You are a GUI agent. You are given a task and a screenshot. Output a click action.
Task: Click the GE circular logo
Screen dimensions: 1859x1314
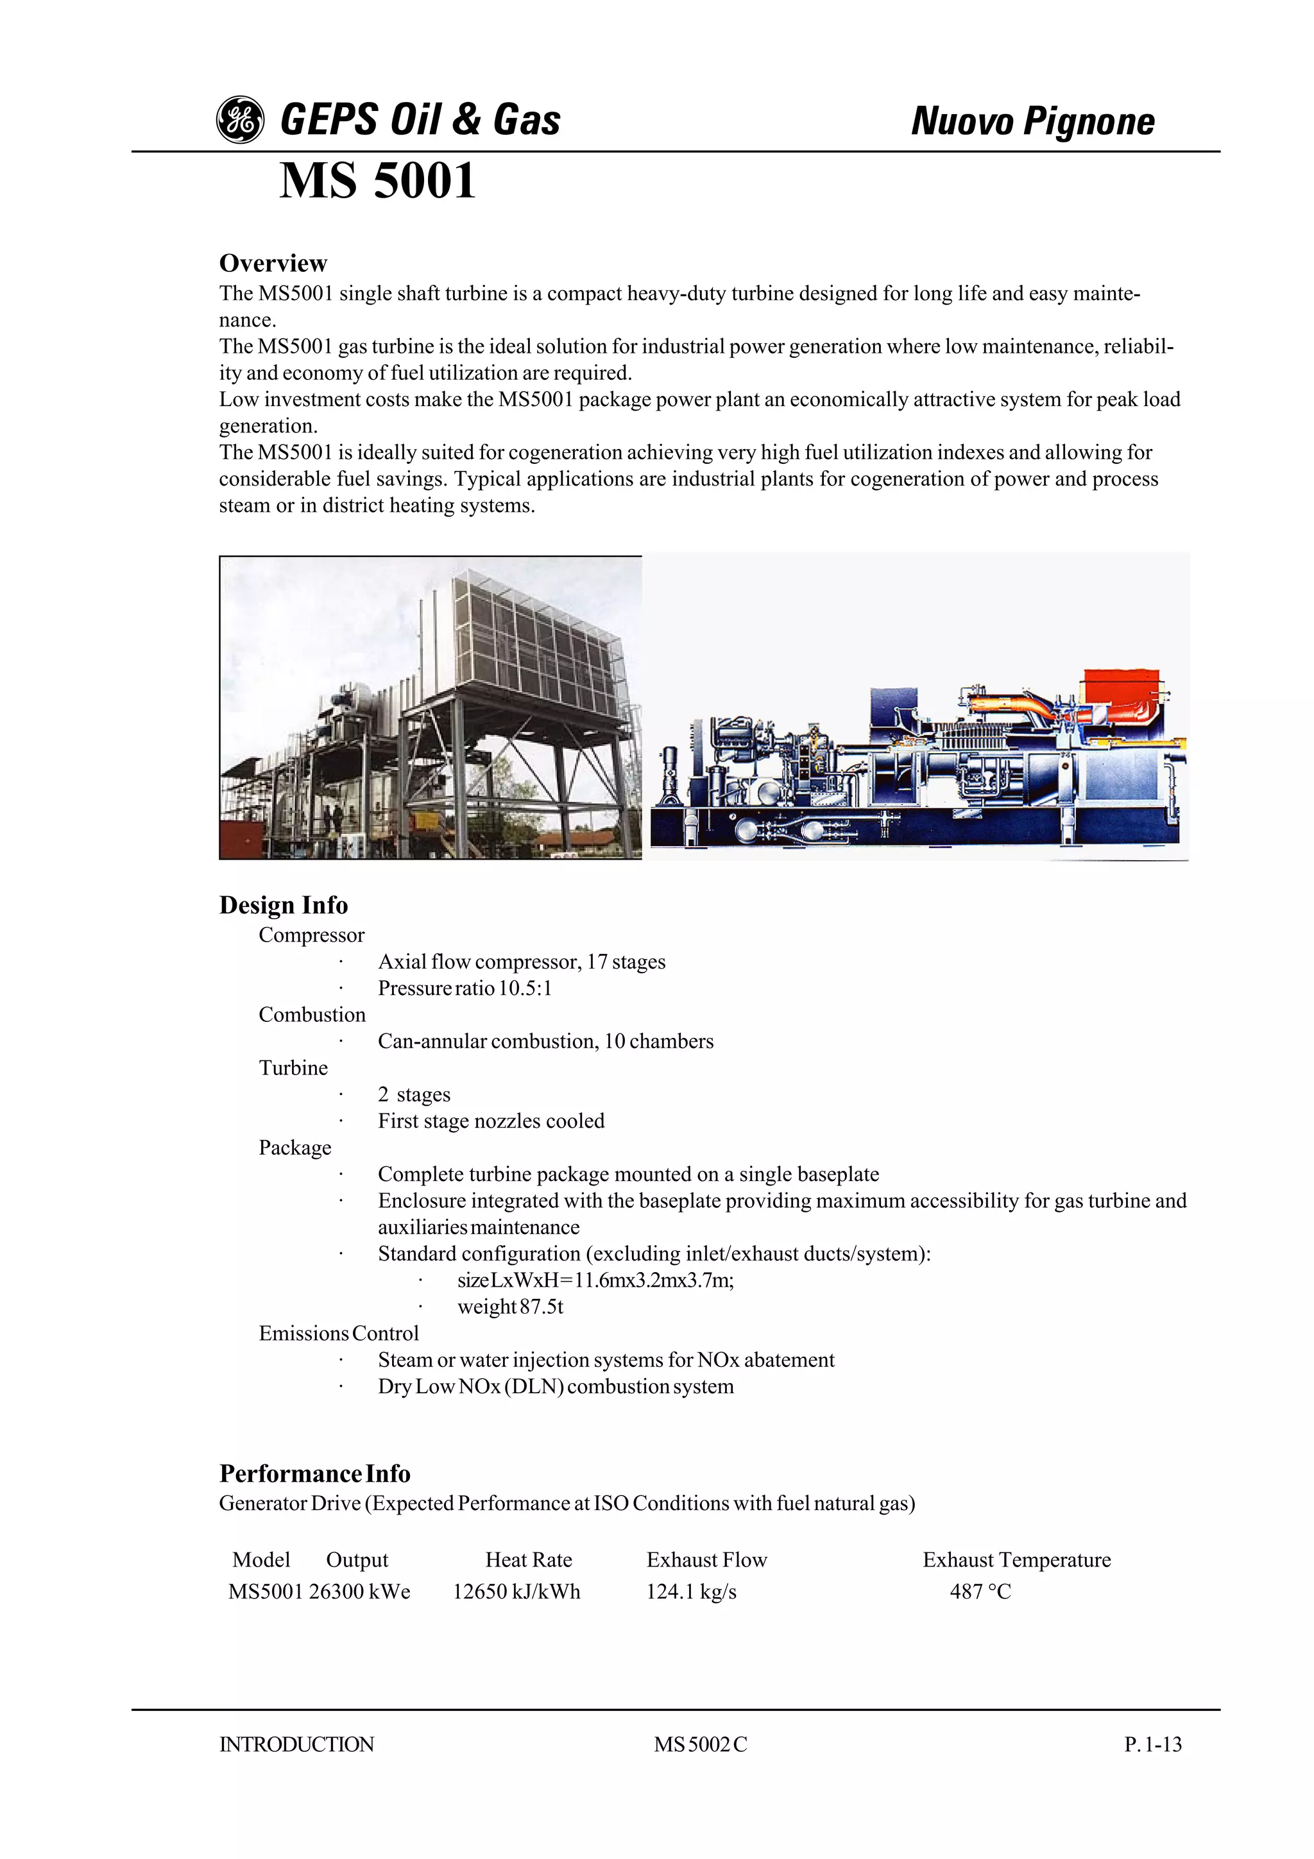click(240, 120)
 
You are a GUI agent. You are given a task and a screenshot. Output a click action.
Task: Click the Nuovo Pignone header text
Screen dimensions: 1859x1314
click(1032, 121)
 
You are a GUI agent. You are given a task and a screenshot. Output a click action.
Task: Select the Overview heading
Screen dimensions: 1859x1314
click(273, 263)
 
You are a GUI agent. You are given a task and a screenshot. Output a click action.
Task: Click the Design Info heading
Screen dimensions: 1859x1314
click(284, 904)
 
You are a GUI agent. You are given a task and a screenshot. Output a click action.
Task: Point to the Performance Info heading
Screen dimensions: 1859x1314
click(314, 1473)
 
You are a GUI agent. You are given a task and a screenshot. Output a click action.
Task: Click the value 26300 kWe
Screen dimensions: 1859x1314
click(359, 1591)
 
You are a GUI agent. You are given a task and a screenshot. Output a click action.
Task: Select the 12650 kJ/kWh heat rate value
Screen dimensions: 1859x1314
click(516, 1591)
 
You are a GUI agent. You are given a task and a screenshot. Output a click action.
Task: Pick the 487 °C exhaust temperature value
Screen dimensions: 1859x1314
click(980, 1591)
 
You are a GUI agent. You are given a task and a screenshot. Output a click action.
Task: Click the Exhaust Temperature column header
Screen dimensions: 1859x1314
click(1016, 1559)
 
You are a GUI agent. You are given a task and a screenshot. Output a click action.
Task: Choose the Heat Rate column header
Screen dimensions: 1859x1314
click(528, 1559)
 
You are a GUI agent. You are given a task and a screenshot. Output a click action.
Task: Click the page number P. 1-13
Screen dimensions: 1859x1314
click(1152, 1744)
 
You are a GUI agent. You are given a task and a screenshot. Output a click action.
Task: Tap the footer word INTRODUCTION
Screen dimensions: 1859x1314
click(296, 1744)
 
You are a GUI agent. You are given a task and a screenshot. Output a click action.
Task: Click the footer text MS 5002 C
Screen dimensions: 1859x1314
click(701, 1744)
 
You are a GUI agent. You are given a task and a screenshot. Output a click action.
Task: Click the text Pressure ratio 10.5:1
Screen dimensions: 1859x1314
click(464, 988)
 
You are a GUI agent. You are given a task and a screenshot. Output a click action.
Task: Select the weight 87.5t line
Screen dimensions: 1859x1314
click(510, 1306)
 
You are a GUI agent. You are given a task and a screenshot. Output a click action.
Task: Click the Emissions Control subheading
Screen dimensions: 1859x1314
click(338, 1333)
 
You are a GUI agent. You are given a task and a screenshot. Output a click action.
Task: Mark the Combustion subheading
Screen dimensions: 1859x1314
click(312, 1015)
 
